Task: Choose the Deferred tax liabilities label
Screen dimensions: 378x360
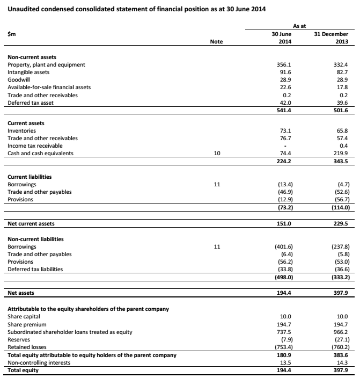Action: click(x=35, y=269)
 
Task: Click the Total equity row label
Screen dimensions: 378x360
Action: click(x=24, y=370)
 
